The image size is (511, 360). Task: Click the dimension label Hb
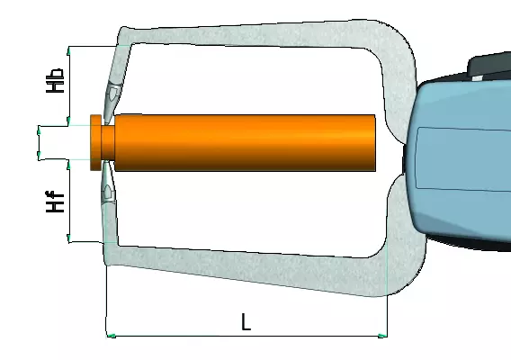pos(55,80)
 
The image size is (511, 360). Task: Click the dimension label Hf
pos(55,202)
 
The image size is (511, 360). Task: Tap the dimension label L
pos(246,322)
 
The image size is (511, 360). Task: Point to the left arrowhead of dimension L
pos(112,336)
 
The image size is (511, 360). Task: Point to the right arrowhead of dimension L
pos(382,336)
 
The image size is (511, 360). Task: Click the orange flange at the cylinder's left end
pos(95,142)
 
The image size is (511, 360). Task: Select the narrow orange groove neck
pos(108,142)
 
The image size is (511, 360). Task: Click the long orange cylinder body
pos(245,142)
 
